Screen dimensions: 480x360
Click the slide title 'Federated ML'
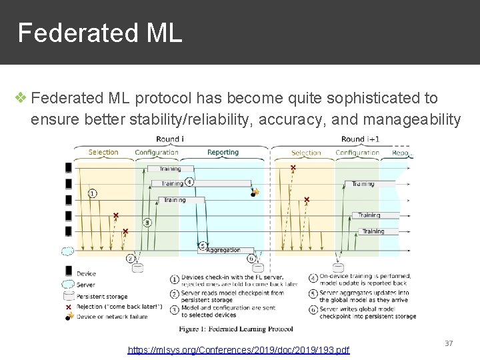99,33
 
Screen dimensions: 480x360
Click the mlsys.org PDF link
239,349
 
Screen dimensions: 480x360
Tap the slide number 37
449,343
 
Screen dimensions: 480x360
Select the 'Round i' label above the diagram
169,139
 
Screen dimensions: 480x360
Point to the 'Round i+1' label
359,139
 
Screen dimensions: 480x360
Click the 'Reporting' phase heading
223,153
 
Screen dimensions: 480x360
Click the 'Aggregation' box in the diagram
223,250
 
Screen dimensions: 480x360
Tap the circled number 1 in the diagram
92,193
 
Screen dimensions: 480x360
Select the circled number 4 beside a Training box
189,181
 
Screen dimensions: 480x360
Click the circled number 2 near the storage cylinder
131,258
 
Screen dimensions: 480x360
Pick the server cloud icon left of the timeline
67,251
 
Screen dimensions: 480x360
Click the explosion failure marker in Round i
255,192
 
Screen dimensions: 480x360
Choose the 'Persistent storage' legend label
102,296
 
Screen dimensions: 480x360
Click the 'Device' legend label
86,273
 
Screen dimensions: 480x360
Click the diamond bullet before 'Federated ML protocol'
21,98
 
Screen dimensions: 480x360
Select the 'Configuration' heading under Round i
156,153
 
